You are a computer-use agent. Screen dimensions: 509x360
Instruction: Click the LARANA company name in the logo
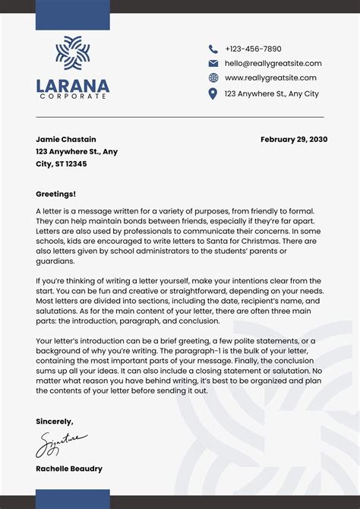tap(72, 87)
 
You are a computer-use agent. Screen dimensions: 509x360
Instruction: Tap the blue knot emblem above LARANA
tap(72, 55)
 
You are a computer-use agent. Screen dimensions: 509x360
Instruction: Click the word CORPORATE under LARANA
tap(72, 97)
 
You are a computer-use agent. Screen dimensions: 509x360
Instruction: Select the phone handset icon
tap(213, 49)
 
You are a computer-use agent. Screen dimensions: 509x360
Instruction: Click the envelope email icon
tap(213, 64)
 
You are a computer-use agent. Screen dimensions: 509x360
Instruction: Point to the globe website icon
tap(213, 78)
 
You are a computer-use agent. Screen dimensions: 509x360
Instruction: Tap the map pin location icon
tap(213, 93)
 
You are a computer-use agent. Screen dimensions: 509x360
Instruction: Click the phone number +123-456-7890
tap(253, 49)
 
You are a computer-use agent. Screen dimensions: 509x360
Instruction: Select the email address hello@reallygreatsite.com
tap(273, 64)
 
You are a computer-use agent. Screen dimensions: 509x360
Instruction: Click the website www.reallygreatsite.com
tap(270, 78)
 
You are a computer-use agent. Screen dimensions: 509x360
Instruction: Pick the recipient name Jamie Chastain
tap(66, 139)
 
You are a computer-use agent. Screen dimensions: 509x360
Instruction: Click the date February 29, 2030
tap(294, 139)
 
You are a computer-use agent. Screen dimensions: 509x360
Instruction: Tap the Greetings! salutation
tap(55, 194)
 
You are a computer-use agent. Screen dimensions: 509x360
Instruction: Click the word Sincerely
tap(55, 420)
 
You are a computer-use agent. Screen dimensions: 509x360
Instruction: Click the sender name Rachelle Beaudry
tap(69, 469)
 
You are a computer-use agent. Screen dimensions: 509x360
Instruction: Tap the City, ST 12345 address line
tap(61, 163)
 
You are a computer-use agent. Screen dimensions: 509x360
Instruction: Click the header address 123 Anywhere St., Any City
tap(271, 93)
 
